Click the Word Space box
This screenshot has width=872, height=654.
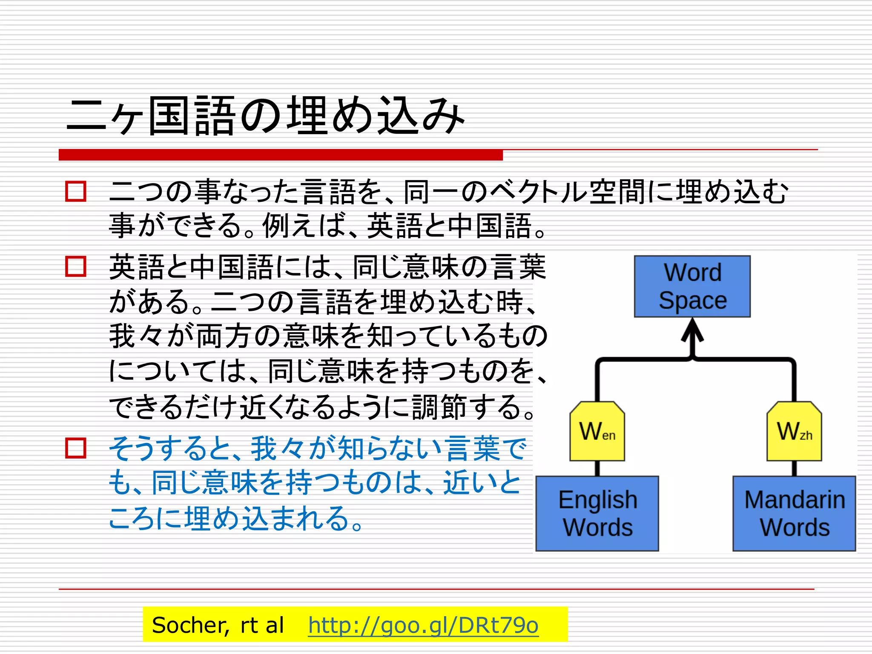coord(692,286)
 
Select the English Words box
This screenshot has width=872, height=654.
coord(597,513)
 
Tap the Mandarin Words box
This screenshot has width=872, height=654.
coord(794,513)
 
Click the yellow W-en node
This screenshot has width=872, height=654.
coord(597,431)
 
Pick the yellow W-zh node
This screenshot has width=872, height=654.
coord(794,431)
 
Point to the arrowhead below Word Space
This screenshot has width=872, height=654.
coord(692,330)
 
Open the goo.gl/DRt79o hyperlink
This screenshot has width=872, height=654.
coord(423,625)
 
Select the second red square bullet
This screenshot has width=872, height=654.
coord(76,266)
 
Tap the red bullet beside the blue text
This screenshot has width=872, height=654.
coord(76,448)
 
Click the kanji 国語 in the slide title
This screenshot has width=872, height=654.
coord(192,116)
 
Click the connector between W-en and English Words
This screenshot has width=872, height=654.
coord(597,468)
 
